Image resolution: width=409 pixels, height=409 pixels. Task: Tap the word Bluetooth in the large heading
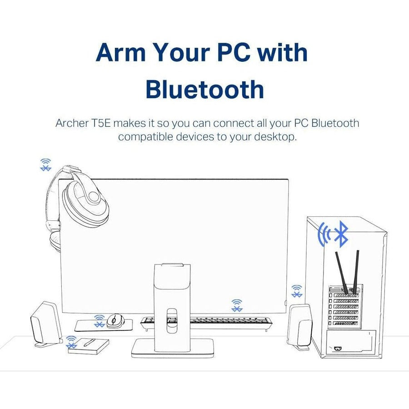point(204,90)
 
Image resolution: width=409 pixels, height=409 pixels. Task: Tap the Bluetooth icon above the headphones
point(45,165)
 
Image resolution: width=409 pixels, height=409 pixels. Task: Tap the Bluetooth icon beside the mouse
point(99,321)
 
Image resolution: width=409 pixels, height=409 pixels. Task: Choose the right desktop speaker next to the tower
point(300,326)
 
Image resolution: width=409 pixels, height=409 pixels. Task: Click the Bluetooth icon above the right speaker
point(297,291)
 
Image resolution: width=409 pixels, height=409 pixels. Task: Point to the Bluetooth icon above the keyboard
point(237,305)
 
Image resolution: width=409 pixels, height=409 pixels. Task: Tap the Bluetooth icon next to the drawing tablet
point(71,342)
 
